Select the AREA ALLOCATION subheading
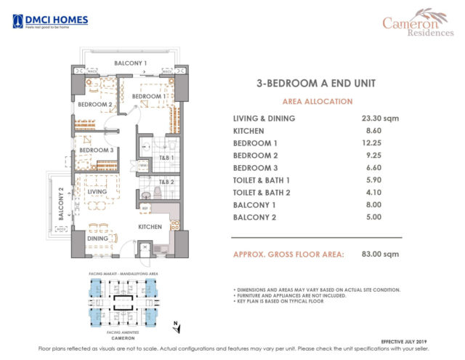click(x=312, y=102)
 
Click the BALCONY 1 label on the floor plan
click(x=131, y=64)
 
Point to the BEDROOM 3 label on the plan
click(x=96, y=151)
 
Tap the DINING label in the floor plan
click(x=98, y=238)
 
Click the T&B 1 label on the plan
click(x=166, y=157)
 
